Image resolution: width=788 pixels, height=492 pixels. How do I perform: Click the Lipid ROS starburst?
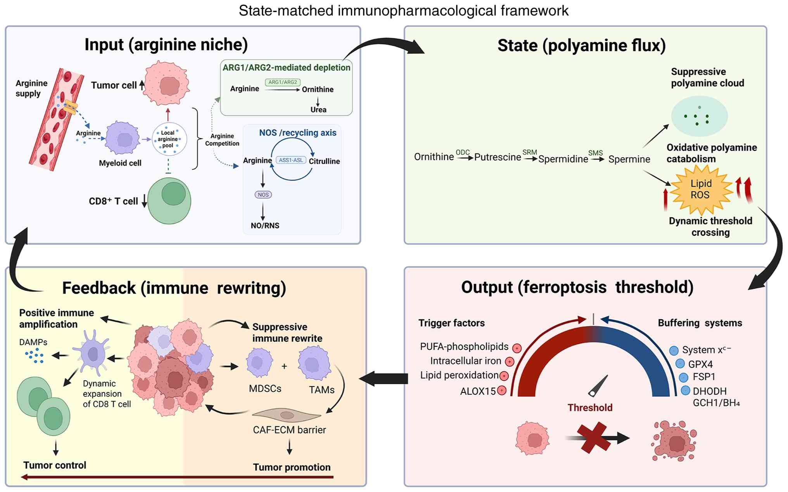pyautogui.click(x=701, y=190)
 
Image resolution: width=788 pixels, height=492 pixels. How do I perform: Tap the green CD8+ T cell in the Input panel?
pyautogui.click(x=169, y=201)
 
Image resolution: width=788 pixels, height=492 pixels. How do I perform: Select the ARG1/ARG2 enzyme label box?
pyautogui.click(x=283, y=82)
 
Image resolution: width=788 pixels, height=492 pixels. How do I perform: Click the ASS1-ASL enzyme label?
pyautogui.click(x=291, y=160)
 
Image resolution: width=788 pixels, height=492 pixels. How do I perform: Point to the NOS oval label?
pyautogui.click(x=263, y=194)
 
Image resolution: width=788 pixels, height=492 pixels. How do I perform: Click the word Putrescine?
pyautogui.click(x=498, y=157)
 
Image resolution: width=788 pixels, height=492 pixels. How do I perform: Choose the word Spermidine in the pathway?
pyautogui.click(x=563, y=159)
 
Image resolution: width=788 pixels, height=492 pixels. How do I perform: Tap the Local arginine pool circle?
pyautogui.click(x=169, y=139)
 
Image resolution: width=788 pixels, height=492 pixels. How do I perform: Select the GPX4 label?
pyautogui.click(x=700, y=364)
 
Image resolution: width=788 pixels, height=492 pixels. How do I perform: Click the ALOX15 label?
pyautogui.click(x=478, y=391)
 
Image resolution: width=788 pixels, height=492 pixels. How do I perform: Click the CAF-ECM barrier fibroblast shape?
pyautogui.click(x=287, y=415)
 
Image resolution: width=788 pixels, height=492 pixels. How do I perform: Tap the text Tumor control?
pyautogui.click(x=55, y=465)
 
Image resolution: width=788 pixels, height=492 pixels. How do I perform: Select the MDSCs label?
pyautogui.click(x=265, y=389)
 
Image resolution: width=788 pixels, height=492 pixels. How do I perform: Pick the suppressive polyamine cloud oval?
pyautogui.click(x=699, y=116)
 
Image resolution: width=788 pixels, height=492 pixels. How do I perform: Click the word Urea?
pyautogui.click(x=318, y=110)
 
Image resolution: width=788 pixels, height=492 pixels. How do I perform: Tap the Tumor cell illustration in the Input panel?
pyautogui.click(x=167, y=84)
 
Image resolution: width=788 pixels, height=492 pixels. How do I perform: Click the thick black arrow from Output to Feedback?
pyautogui.click(x=384, y=378)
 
